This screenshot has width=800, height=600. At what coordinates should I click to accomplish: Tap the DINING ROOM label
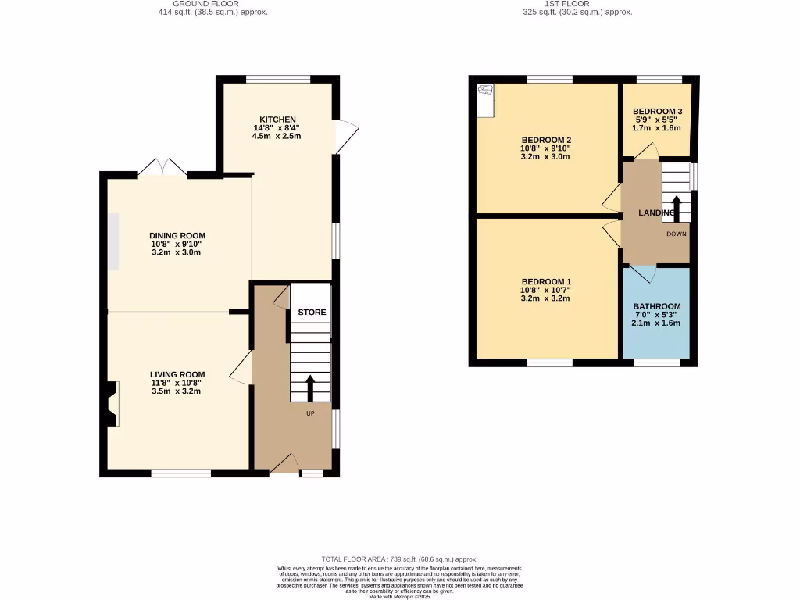[177, 235]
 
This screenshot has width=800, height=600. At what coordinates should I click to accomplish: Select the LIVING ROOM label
[177, 374]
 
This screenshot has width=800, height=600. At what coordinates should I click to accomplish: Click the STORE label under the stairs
[312, 312]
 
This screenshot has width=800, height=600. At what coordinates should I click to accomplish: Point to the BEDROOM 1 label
[546, 281]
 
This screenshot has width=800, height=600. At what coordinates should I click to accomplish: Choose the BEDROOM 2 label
[546, 140]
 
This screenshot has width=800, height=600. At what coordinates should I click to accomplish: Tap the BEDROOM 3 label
[656, 112]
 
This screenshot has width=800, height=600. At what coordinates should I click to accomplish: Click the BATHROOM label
[656, 306]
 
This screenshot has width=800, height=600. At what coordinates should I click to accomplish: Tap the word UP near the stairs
[310, 413]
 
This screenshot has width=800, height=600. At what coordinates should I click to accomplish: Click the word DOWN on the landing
[677, 234]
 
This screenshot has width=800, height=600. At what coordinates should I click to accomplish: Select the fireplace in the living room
[112, 404]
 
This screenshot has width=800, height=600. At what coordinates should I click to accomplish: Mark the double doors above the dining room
[162, 167]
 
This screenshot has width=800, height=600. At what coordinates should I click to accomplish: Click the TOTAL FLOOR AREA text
[399, 560]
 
